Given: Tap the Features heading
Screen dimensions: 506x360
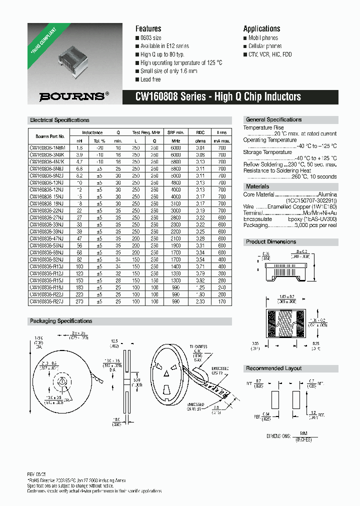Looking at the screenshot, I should (148, 29).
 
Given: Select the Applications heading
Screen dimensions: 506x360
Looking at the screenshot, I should (261, 29).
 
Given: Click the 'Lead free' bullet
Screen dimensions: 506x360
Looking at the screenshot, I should (150, 79).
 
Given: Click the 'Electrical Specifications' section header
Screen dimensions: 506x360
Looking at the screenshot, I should (59, 120).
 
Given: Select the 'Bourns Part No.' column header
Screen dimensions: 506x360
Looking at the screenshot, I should (50, 136).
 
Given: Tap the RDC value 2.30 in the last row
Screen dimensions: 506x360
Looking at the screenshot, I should (200, 302).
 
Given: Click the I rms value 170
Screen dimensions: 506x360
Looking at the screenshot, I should (221, 302).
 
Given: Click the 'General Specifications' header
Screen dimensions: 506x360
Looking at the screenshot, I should (273, 120).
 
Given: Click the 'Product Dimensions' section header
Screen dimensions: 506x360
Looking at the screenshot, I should (271, 242).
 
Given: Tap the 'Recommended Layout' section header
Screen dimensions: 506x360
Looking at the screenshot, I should (273, 368).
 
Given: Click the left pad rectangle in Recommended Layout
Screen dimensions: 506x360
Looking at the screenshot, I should (273, 401).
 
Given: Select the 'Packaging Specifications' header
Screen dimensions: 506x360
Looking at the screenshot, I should (61, 321).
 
